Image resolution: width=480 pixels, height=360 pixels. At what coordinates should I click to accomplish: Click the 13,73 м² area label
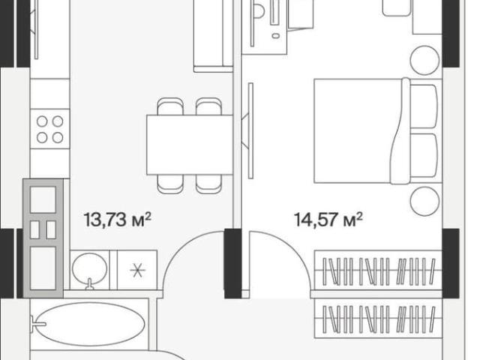[x=118, y=220]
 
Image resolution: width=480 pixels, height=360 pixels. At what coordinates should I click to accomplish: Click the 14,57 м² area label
[x=328, y=220]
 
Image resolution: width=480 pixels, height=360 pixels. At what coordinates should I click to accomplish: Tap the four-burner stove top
[x=50, y=129]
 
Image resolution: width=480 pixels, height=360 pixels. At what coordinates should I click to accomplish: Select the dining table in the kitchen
[x=190, y=145]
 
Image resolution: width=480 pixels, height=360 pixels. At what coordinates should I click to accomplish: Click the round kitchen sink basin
[x=90, y=269]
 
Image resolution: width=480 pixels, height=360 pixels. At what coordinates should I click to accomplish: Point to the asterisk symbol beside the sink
[x=137, y=270]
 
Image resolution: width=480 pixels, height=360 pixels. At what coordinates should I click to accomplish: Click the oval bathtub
[x=91, y=324]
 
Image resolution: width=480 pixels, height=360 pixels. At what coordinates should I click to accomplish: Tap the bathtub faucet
[x=37, y=324]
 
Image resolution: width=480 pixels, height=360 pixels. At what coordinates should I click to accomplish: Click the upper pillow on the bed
[x=424, y=106]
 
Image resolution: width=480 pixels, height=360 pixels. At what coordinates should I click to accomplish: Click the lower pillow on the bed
[x=424, y=155]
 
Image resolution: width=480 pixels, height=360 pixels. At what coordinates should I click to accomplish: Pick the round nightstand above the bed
[x=424, y=60]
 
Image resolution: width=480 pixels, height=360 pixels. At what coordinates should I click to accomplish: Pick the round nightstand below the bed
[x=424, y=202]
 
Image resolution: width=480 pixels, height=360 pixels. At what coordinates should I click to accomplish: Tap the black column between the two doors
[x=232, y=263]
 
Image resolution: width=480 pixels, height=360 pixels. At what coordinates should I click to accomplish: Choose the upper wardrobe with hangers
[x=378, y=271]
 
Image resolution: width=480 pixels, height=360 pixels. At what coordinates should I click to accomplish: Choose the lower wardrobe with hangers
[x=378, y=318]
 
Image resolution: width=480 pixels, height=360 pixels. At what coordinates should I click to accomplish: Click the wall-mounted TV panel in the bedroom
[x=251, y=130]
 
